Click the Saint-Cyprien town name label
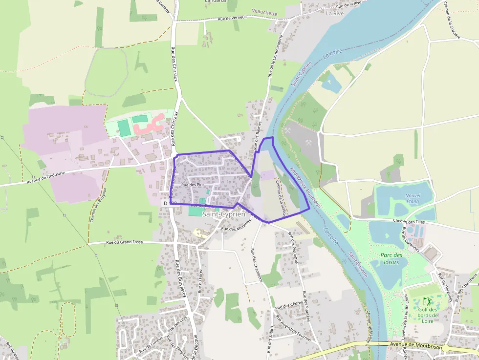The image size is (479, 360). (223, 214)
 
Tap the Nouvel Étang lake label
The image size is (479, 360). (413, 198)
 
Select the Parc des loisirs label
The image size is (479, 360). (392, 258)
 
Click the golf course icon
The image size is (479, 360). (427, 301)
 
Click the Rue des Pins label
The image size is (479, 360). (193, 185)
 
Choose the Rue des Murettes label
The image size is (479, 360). (236, 225)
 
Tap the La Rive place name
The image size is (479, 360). (335, 14)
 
